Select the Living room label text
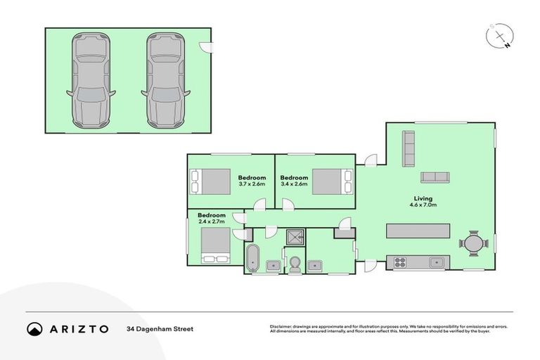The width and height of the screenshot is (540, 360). click(423, 198)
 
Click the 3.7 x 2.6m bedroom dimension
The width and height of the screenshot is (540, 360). click(251, 184)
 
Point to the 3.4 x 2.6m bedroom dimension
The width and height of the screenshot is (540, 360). click(294, 184)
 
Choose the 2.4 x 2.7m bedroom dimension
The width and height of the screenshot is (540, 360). click(211, 221)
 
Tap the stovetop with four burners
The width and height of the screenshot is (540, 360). click(400, 262)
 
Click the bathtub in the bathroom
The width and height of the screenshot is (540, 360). click(252, 257)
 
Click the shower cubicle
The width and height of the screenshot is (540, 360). click(294, 236)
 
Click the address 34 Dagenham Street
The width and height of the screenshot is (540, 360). click(160, 328)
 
